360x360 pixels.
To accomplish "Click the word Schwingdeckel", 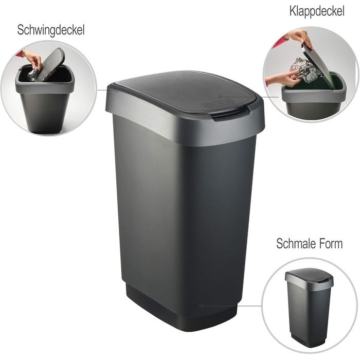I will [50, 30].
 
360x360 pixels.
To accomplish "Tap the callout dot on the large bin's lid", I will [220, 96].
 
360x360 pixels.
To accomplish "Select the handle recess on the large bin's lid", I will [225, 115].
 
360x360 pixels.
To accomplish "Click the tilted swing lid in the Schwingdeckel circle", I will [52, 64].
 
